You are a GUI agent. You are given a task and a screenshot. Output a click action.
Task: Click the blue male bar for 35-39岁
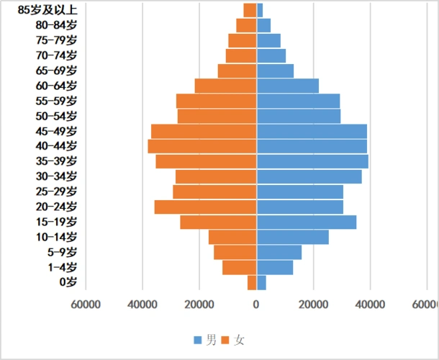pyautogui.click(x=312, y=161)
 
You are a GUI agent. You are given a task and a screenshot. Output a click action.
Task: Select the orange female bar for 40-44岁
pyautogui.click(x=202, y=146)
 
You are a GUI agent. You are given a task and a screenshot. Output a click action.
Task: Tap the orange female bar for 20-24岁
pyautogui.click(x=206, y=207)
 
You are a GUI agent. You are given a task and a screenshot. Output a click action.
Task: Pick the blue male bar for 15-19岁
pyautogui.click(x=307, y=222)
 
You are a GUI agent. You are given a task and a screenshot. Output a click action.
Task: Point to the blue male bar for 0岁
pyautogui.click(x=261, y=282)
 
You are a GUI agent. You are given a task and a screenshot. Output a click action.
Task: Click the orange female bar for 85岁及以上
pyautogui.click(x=250, y=10)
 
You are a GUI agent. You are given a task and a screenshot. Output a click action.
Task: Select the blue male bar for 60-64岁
pyautogui.click(x=288, y=86)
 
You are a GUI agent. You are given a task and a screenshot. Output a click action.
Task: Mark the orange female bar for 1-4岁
pyautogui.click(x=240, y=267)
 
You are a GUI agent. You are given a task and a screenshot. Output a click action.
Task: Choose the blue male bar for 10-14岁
pyautogui.click(x=293, y=237)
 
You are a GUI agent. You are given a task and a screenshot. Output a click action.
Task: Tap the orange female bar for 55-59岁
pyautogui.click(x=217, y=101)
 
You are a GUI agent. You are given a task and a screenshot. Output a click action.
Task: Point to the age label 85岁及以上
pyautogui.click(x=47, y=10)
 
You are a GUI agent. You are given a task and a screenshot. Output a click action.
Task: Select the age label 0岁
pyautogui.click(x=68, y=282)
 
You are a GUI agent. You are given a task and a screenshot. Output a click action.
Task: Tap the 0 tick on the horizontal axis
pyautogui.click(x=256, y=305)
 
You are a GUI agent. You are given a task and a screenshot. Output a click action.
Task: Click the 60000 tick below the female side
pyautogui.click(x=86, y=305)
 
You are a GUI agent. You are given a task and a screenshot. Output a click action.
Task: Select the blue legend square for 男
pyautogui.click(x=198, y=339)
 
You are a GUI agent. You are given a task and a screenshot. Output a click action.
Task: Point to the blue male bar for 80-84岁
pyautogui.click(x=263, y=25)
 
